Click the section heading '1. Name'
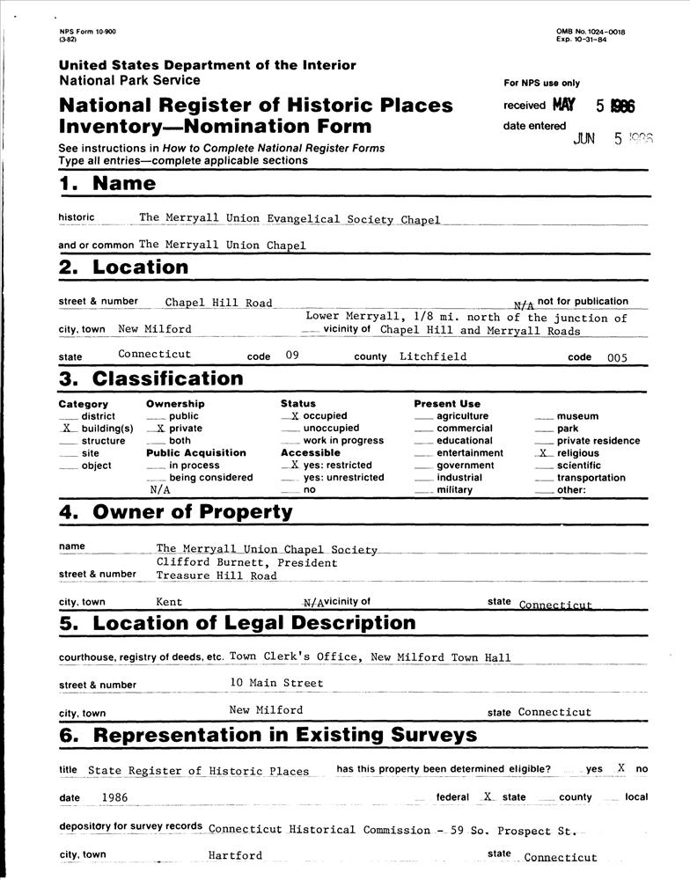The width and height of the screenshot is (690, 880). tap(107, 184)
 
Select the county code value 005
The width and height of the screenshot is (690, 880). tap(617, 357)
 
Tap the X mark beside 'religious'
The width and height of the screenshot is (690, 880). tap(543, 453)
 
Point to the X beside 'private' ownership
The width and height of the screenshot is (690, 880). tap(159, 429)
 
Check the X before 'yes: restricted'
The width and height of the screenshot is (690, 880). tap(295, 466)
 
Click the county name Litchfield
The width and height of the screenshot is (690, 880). tap(432, 357)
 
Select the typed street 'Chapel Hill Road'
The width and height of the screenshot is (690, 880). tap(218, 303)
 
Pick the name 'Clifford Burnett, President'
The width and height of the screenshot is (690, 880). tap(246, 562)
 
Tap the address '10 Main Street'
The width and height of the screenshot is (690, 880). tap(276, 683)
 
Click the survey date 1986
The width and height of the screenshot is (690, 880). tap(115, 796)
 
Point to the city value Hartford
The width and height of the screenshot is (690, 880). tap(235, 855)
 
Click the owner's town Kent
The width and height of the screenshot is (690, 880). tap(169, 603)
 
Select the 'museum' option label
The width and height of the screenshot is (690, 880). tap(577, 416)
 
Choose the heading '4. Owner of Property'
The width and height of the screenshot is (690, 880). tap(175, 512)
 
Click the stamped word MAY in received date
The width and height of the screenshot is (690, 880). tap(564, 106)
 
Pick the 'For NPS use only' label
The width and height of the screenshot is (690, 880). tap(541, 84)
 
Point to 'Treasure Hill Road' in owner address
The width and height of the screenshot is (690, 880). tap(217, 576)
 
